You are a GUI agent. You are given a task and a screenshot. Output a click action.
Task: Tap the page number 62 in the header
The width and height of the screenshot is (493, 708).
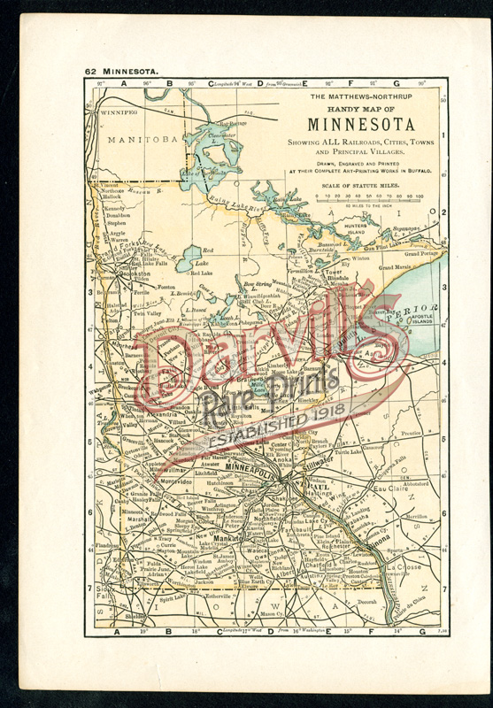(x=90, y=71)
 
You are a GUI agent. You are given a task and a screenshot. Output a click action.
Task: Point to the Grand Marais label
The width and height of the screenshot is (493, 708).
(x=396, y=266)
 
